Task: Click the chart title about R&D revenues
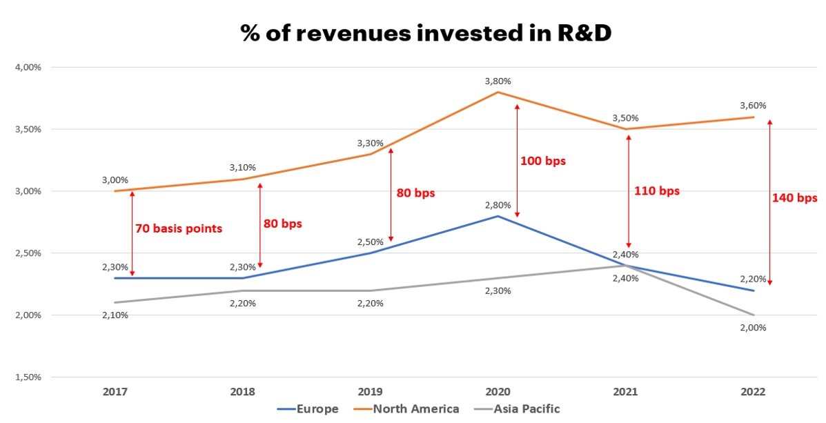(x=426, y=33)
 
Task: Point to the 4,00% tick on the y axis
(x=27, y=68)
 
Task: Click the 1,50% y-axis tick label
(x=27, y=377)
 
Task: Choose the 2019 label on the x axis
(x=370, y=392)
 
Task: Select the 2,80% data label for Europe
(x=498, y=205)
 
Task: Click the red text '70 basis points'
(x=179, y=228)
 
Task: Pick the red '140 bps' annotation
(x=794, y=198)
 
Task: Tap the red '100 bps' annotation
(x=542, y=161)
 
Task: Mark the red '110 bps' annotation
(x=657, y=191)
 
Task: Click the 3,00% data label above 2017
(x=115, y=179)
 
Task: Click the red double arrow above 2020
(x=517, y=161)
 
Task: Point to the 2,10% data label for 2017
(x=115, y=315)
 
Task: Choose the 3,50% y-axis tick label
(x=27, y=130)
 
